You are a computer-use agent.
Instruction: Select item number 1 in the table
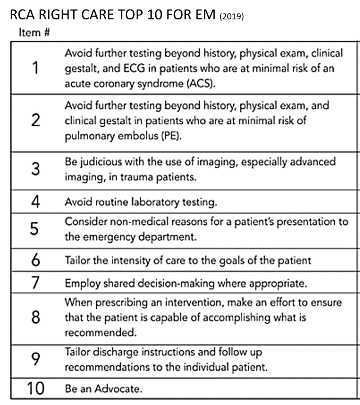[x=35, y=68]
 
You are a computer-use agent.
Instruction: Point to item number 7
[x=35, y=283]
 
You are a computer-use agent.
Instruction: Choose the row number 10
[x=35, y=389]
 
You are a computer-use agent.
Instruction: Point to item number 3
[x=35, y=170]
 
